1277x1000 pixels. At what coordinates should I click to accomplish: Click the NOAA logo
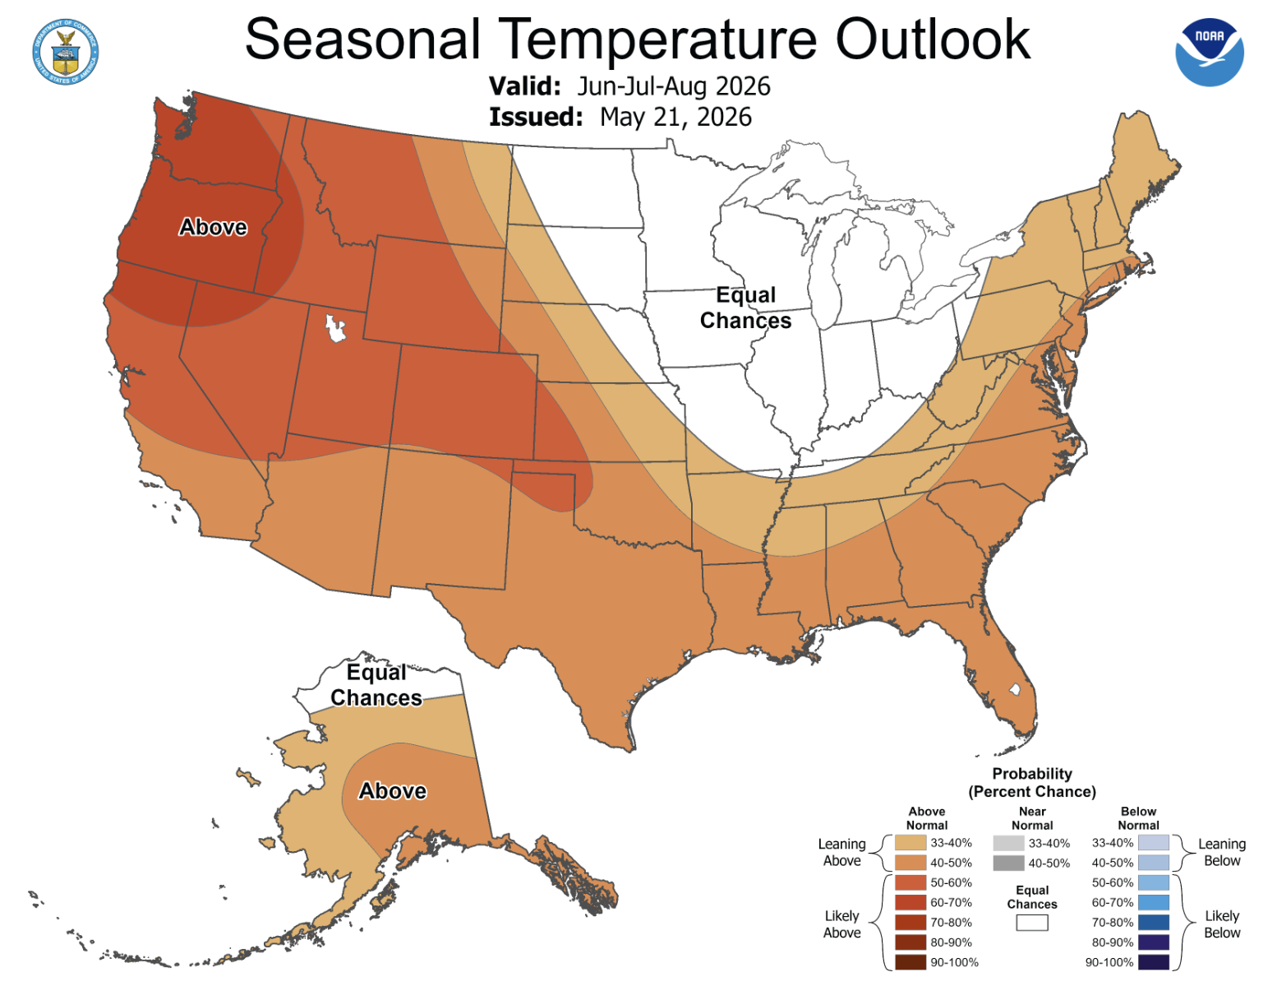(1209, 53)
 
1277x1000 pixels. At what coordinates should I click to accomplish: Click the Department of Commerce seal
(66, 52)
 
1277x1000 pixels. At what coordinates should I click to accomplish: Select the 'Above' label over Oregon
(213, 227)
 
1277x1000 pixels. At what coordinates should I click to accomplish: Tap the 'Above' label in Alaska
(393, 791)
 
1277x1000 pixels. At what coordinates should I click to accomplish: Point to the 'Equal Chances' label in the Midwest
(746, 308)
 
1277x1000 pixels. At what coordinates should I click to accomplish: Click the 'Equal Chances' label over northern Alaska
(376, 685)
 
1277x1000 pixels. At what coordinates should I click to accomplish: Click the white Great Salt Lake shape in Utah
(335, 327)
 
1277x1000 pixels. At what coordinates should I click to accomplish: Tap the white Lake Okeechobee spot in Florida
(1014, 688)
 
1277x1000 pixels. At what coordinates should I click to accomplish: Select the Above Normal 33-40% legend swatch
(910, 842)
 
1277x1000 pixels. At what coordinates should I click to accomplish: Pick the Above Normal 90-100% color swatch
(910, 962)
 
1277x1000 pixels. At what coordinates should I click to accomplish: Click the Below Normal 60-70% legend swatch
(1154, 902)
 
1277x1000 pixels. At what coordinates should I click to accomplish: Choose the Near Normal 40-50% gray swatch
(1008, 863)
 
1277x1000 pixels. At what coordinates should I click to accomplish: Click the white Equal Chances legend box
(1032, 923)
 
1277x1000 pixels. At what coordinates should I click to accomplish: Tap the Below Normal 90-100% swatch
(1154, 962)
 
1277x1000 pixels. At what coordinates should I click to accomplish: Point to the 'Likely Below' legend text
(1222, 924)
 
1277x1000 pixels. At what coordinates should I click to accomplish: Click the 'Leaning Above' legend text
(841, 853)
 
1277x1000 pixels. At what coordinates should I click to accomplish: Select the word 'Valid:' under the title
(525, 86)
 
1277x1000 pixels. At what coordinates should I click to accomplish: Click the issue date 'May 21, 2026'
(675, 117)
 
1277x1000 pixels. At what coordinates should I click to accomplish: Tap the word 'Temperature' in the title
(657, 39)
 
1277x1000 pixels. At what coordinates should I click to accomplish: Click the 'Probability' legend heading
(1032, 774)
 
